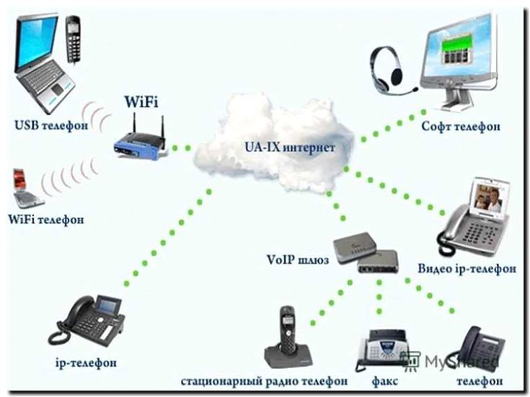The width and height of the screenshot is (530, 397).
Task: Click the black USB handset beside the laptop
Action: (x=73, y=40)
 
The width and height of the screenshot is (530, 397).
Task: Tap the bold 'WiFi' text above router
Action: (x=142, y=100)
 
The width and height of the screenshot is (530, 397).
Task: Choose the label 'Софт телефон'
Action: (x=461, y=127)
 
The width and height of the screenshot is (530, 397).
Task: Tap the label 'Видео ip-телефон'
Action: (x=467, y=269)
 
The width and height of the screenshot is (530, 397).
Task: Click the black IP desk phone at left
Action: (x=88, y=320)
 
